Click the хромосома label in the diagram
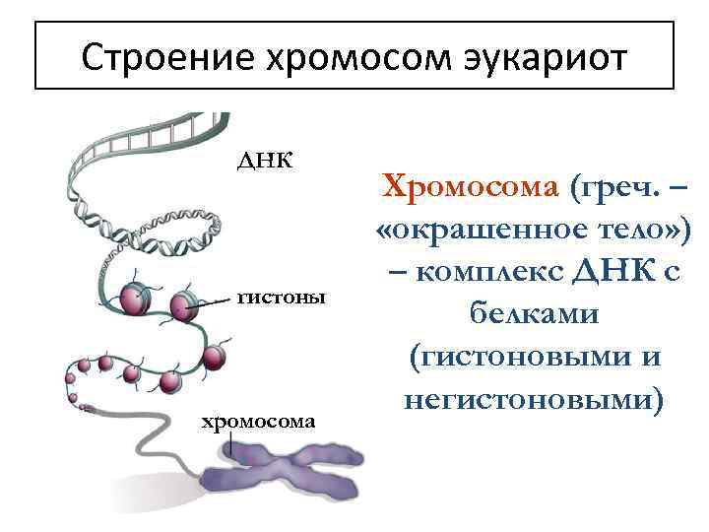click(x=259, y=422)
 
